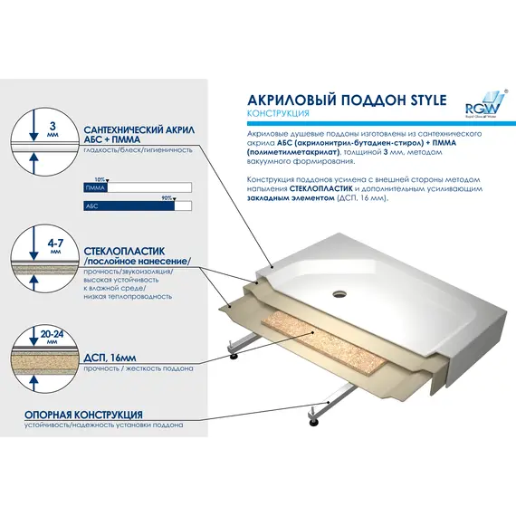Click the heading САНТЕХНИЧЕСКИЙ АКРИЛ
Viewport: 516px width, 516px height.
[135, 129]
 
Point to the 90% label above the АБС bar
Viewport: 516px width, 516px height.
[167, 196]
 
